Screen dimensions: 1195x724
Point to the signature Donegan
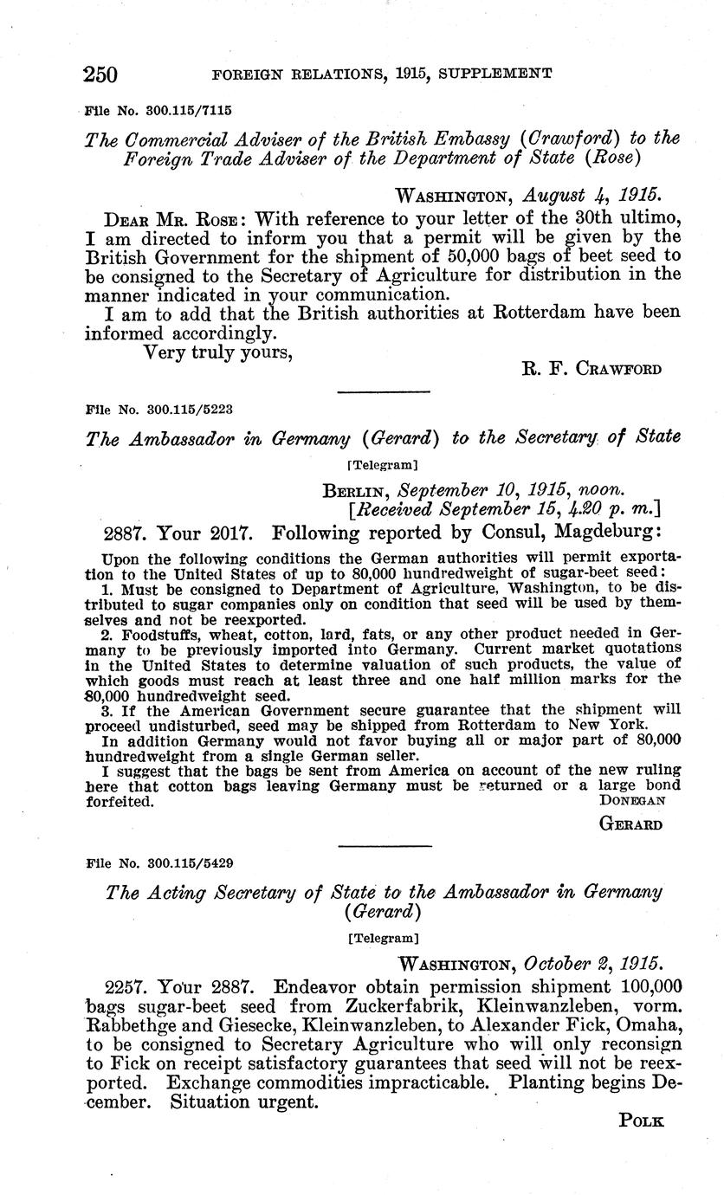pos(631,801)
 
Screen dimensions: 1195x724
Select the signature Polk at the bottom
pos(642,1121)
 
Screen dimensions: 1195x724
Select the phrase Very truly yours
pos(217,352)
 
